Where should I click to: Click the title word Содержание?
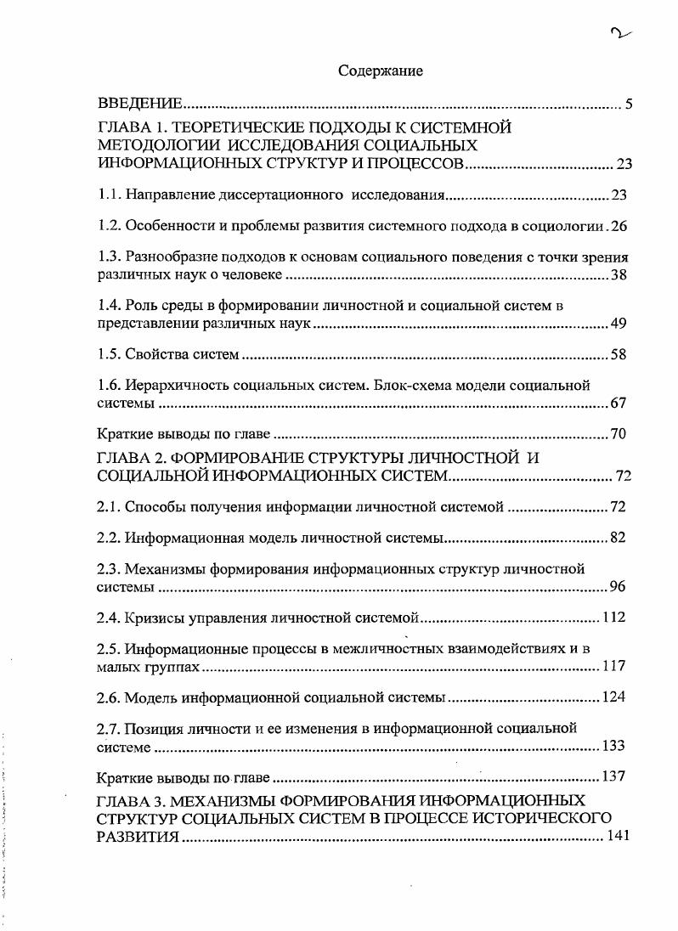[x=381, y=71]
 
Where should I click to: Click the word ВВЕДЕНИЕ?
[x=140, y=104]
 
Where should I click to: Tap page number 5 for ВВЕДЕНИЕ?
[x=629, y=104]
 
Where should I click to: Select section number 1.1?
[x=108, y=195]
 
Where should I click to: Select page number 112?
[x=613, y=618]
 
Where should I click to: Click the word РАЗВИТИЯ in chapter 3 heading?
[x=138, y=836]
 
